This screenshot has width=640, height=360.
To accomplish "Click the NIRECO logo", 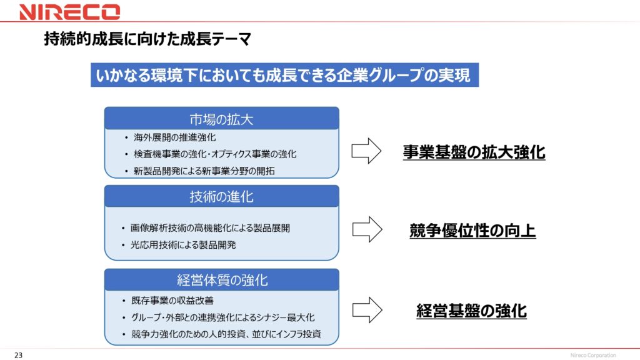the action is [69, 12].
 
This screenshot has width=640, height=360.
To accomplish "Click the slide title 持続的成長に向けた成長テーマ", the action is [147, 39].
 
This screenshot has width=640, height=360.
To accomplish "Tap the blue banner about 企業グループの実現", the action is [284, 75].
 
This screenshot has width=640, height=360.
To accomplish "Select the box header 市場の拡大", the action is [222, 119].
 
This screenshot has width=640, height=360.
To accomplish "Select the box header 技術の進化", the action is [222, 196].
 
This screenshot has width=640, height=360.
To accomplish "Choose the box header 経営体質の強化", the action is [222, 280].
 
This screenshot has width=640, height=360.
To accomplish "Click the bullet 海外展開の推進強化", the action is [175, 137].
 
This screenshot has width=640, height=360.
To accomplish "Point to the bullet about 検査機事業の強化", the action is [215, 154].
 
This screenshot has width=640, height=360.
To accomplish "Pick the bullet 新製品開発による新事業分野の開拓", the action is [204, 171].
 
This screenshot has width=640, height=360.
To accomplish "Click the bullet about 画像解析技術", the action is [210, 228].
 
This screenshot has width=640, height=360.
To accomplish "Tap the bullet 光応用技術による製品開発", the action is [183, 245].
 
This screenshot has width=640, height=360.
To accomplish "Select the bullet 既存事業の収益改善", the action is [172, 301].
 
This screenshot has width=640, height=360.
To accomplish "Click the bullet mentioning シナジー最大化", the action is [223, 317].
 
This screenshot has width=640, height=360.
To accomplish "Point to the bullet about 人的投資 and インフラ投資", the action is [226, 334].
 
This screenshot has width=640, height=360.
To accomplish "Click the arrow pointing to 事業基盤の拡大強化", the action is [366, 151].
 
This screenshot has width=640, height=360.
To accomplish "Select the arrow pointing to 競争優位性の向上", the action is [367, 229].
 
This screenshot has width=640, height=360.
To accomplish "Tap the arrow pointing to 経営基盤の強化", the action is [367, 310].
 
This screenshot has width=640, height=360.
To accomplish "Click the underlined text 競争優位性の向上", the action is [472, 231].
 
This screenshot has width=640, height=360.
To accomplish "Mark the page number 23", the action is [18, 355].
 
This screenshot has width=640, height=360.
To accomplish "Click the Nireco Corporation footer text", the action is [593, 355].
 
